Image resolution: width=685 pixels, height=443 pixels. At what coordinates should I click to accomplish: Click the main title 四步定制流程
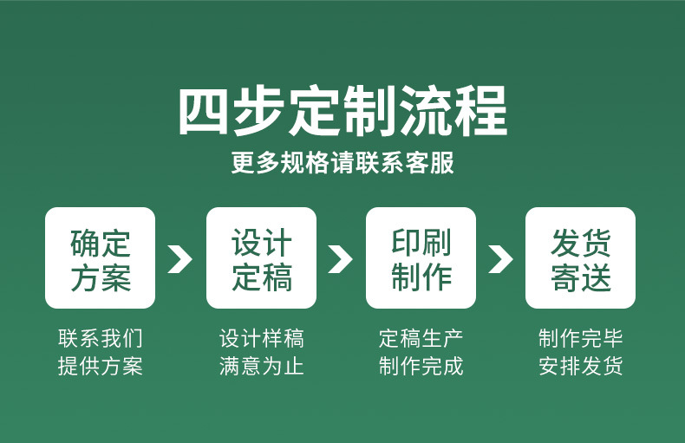coord(342,111)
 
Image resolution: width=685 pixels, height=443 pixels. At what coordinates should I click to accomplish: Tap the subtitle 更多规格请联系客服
coord(342,163)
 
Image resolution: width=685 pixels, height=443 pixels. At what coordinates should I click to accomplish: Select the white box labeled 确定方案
coord(101,258)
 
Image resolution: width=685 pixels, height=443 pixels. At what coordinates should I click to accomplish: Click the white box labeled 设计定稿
coord(261,258)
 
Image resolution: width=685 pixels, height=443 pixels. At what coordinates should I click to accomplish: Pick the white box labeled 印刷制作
coord(421,258)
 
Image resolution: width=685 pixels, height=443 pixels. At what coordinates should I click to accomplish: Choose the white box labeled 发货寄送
coord(580,258)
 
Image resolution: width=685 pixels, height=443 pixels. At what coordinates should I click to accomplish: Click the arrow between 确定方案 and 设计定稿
coord(179,258)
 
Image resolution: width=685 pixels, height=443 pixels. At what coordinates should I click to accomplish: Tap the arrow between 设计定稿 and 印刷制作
coord(340,258)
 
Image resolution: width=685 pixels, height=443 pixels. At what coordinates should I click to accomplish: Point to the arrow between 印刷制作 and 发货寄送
coord(500,258)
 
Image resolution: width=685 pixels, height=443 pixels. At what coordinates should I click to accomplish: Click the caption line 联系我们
coord(101,338)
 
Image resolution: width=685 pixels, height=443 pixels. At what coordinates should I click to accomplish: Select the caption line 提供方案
coord(101,366)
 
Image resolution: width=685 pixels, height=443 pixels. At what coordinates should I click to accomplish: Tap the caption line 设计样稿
coord(261,338)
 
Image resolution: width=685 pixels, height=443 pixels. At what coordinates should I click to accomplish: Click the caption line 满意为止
coord(261,366)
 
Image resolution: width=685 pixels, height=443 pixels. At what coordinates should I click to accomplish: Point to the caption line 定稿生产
coord(421,338)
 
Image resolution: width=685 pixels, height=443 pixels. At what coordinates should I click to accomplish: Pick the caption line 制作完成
coord(421,366)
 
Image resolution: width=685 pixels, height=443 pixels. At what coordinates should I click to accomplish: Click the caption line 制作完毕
coord(580,338)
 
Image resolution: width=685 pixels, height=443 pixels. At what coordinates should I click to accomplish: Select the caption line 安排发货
coord(580,366)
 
